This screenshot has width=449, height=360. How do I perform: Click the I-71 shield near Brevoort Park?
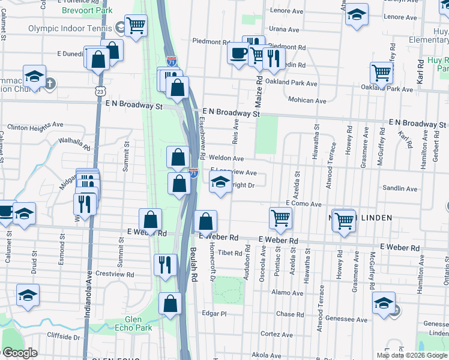click(x=172, y=61)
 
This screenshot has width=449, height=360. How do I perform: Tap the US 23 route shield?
click(x=100, y=91)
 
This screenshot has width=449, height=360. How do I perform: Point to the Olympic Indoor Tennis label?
click(x=70, y=28)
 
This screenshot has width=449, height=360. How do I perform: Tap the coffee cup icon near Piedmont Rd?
click(x=238, y=53)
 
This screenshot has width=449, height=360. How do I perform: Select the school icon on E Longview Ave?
click(x=220, y=181)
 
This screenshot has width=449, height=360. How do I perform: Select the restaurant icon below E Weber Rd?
click(x=164, y=265)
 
